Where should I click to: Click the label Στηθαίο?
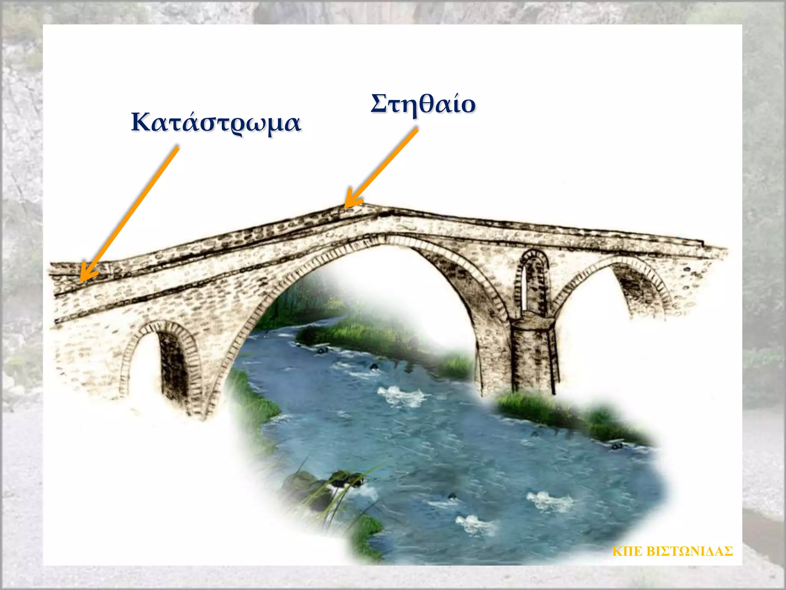pos(423,104)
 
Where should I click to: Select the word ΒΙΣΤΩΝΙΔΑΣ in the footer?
pos(689,551)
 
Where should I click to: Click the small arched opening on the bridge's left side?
pos(161,361)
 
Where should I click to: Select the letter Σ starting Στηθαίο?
pos(378,103)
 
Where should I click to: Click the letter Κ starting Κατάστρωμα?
pos(140,122)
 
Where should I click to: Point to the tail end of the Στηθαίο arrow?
pos(416,131)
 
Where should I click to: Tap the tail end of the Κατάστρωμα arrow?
pos(177,148)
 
